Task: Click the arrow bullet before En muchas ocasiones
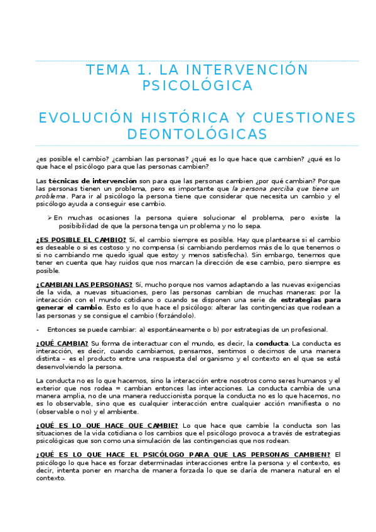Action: point(50,218)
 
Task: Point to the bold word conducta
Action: point(272,343)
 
